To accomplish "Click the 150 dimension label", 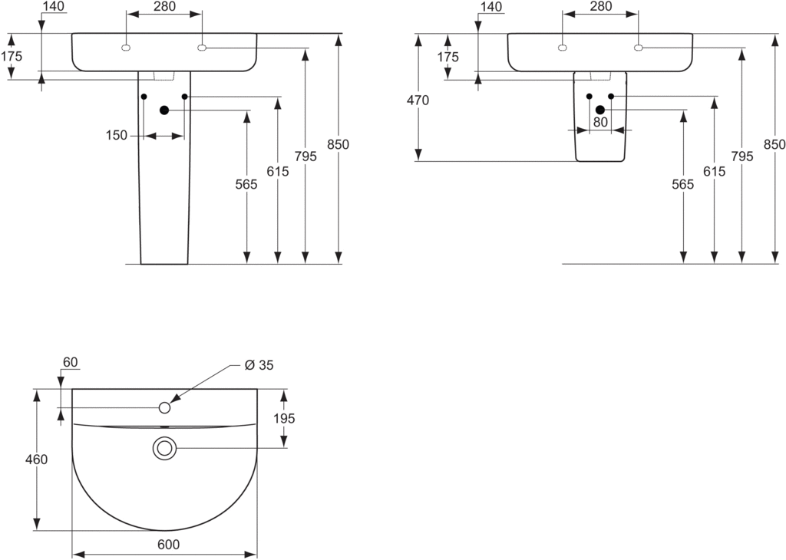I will [117, 136].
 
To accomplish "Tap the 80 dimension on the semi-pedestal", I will [600, 122].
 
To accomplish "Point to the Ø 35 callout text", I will [259, 365].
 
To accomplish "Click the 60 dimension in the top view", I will [71, 362].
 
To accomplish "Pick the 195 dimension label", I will [284, 418].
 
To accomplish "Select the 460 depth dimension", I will [36, 460].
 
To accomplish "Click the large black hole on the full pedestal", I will [163, 110].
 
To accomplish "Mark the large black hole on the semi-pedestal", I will [600, 110].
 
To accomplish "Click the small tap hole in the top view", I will [164, 407].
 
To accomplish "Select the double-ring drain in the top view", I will [164, 448].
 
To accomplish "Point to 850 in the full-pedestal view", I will [338, 144].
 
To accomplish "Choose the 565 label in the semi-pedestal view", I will [682, 184].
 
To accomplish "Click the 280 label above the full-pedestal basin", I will [164, 7].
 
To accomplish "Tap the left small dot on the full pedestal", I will [144, 97].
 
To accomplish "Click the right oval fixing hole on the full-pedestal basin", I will [202, 48].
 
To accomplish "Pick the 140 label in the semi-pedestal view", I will [490, 7].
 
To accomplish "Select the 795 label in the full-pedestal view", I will [305, 156].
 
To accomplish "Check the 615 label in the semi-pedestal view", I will [714, 172].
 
